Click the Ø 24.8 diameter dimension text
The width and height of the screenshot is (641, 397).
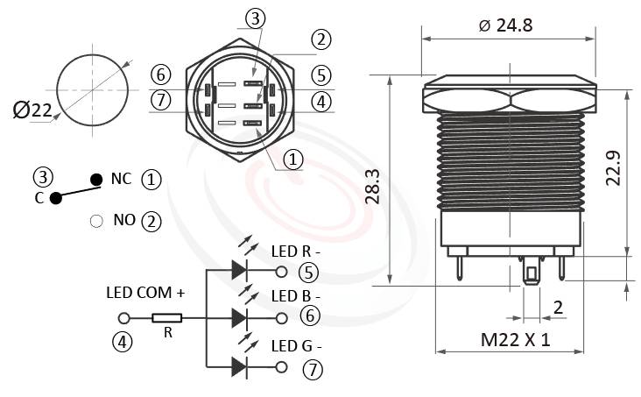[x=505, y=25]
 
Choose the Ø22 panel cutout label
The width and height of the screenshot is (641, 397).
[x=32, y=110]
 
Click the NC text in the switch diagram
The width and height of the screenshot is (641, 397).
[x=121, y=179]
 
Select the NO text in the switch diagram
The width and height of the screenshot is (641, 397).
[x=123, y=221]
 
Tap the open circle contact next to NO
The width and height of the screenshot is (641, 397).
[x=96, y=221]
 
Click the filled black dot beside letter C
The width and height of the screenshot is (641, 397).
[x=56, y=198]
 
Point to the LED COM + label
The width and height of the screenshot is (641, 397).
[x=145, y=293]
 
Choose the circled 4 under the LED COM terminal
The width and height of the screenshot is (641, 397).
[x=123, y=343]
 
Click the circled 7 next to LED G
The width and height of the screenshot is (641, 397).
[x=312, y=369]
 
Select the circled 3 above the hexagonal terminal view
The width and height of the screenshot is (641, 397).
[x=253, y=19]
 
